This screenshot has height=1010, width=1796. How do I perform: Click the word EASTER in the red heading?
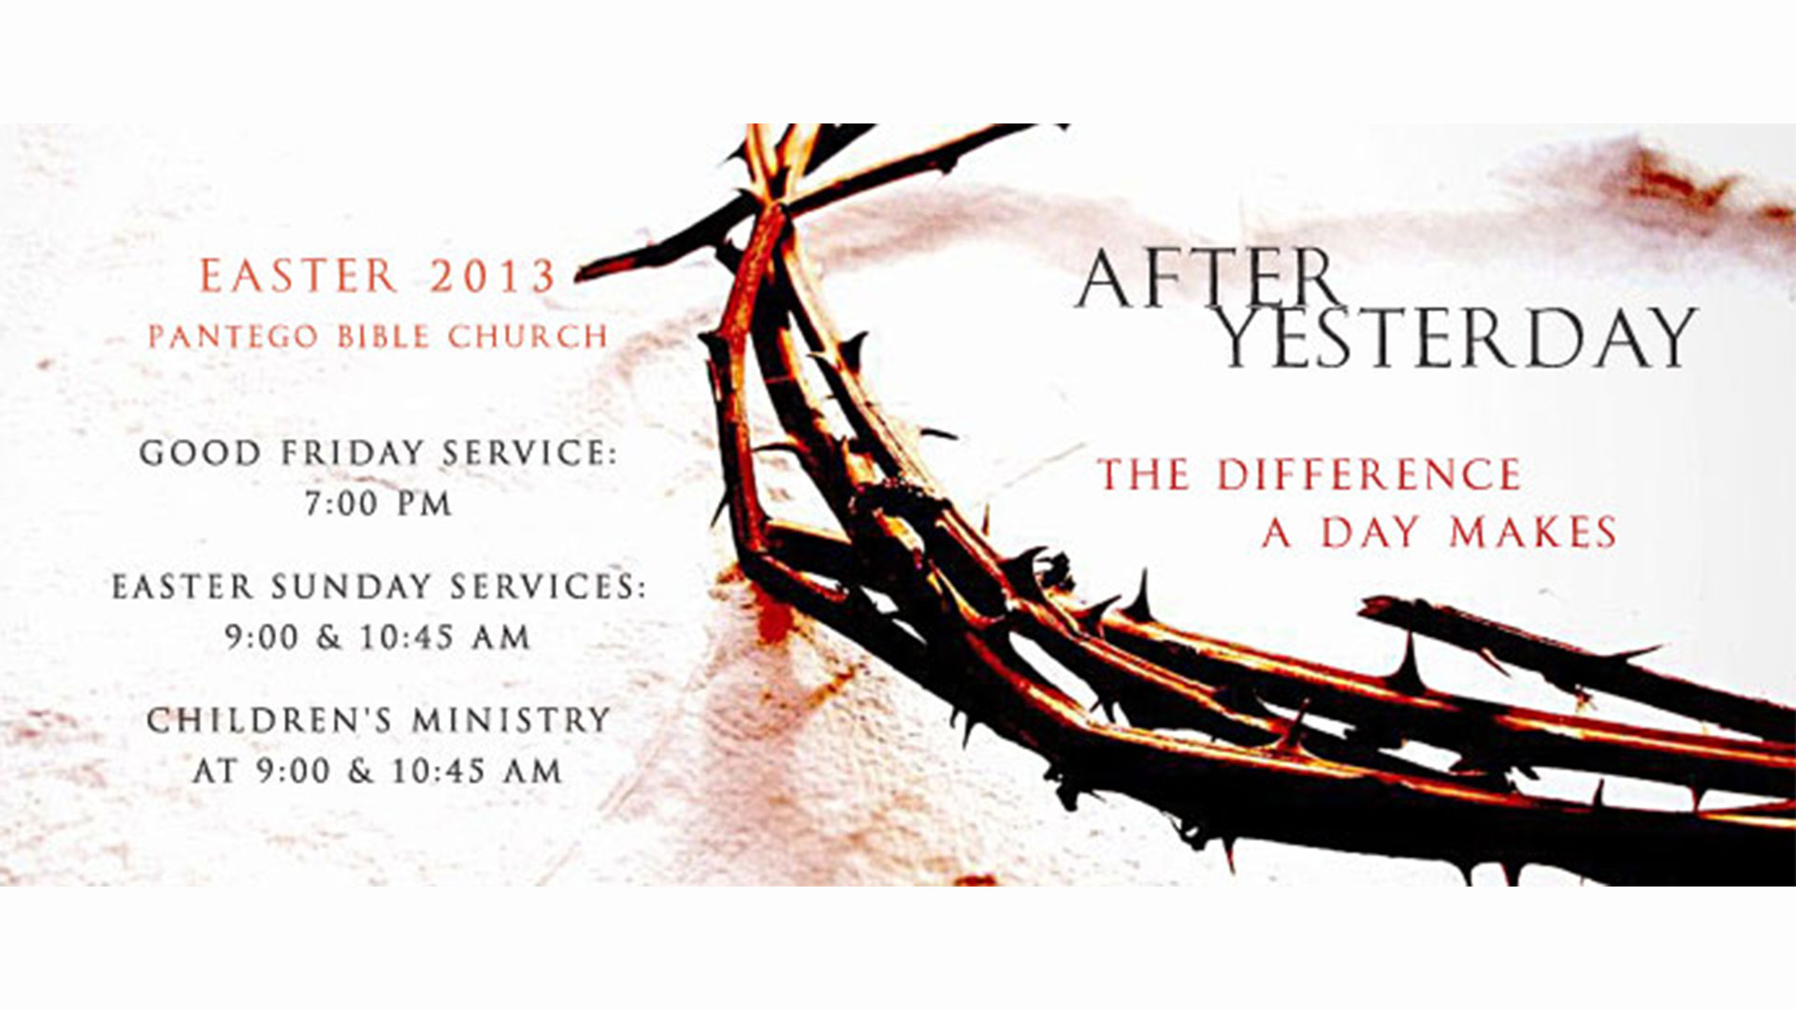[299, 276]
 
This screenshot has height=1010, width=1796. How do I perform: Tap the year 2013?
[493, 276]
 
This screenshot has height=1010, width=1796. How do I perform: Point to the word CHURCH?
[528, 337]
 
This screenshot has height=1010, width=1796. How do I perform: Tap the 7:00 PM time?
[379, 505]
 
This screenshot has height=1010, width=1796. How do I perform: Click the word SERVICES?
[548, 587]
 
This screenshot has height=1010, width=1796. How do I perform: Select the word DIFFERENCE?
[1369, 475]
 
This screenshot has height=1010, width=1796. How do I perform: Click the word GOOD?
[200, 454]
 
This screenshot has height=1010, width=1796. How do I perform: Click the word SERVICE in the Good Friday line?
[529, 454]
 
